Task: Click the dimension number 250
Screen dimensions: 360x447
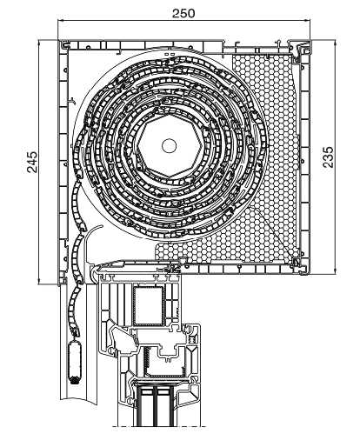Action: pos(183,13)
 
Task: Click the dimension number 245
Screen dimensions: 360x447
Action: pos(32,162)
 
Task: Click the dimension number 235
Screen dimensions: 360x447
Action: pos(329,157)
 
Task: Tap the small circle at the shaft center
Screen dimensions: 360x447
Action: pos(170,146)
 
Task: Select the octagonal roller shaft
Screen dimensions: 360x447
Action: pos(170,146)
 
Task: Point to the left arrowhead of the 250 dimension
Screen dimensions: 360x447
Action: pos(61,20)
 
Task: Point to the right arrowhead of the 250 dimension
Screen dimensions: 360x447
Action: pos(307,20)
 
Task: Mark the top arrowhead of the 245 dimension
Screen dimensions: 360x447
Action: pos(38,43)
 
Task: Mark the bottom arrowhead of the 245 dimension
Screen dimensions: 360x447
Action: pos(38,281)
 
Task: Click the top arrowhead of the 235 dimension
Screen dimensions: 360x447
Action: pos(336,43)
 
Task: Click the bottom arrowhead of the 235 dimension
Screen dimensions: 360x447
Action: pos(336,270)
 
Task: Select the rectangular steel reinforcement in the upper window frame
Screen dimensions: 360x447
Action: pos(149,305)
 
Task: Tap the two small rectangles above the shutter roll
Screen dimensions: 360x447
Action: pos(170,54)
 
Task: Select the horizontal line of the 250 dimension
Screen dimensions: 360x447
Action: pos(183,20)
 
